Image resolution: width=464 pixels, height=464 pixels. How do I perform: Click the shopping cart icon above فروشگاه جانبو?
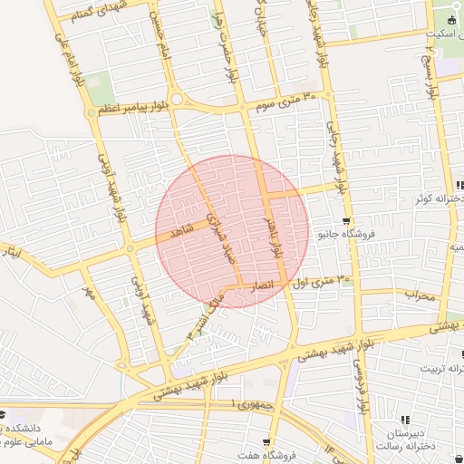345,221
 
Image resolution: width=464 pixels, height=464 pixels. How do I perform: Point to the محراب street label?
419,294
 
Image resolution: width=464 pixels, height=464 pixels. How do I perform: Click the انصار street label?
258,285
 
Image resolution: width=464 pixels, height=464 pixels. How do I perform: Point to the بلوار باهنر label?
273,230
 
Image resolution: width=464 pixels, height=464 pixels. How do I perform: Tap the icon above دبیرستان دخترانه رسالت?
404,420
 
